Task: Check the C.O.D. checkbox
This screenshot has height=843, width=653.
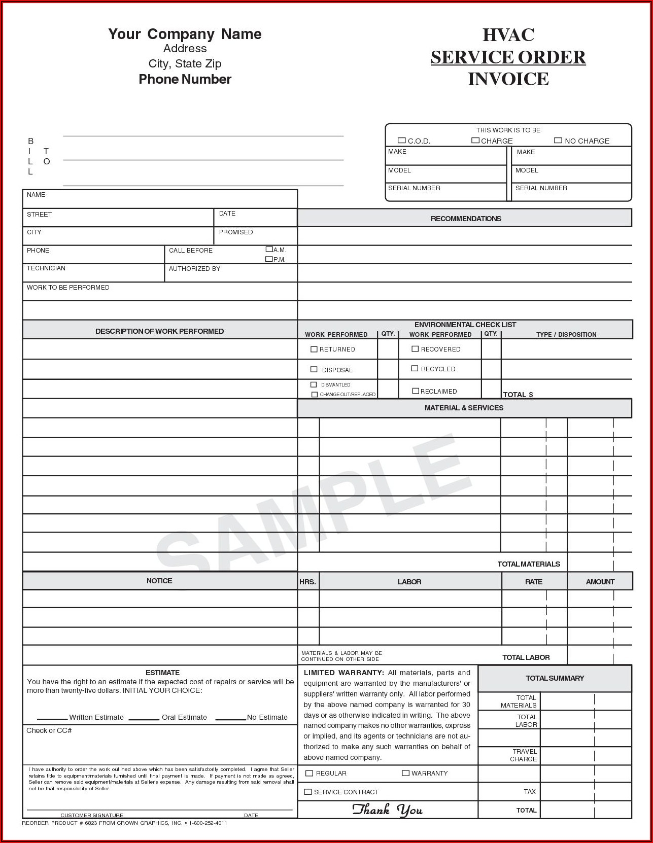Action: (402, 140)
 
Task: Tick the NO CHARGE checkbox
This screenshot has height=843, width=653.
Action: (558, 140)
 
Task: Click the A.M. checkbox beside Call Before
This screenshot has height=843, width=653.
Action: (269, 249)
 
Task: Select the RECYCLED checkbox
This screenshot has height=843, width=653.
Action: (415, 369)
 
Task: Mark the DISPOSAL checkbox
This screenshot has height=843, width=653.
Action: (314, 370)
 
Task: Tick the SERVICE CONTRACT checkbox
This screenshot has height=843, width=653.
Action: (308, 792)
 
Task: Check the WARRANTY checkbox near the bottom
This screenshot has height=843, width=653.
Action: (405, 773)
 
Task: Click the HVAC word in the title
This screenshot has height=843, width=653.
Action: (508, 35)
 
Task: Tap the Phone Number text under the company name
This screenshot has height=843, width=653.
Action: (185, 79)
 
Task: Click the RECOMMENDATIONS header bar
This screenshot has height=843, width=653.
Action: (465, 219)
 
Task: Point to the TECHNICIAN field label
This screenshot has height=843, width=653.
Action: (46, 268)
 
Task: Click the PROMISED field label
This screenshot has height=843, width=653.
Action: (236, 232)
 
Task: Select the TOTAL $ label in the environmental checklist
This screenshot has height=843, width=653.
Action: (518, 395)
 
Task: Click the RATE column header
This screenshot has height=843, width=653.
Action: (534, 582)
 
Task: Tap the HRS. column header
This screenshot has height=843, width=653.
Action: (307, 582)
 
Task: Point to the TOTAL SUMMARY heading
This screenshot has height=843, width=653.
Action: (555, 678)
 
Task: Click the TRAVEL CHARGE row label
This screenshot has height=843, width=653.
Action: (524, 755)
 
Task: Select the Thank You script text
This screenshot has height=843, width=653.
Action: (388, 810)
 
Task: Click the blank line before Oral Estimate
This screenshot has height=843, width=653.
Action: (144, 718)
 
